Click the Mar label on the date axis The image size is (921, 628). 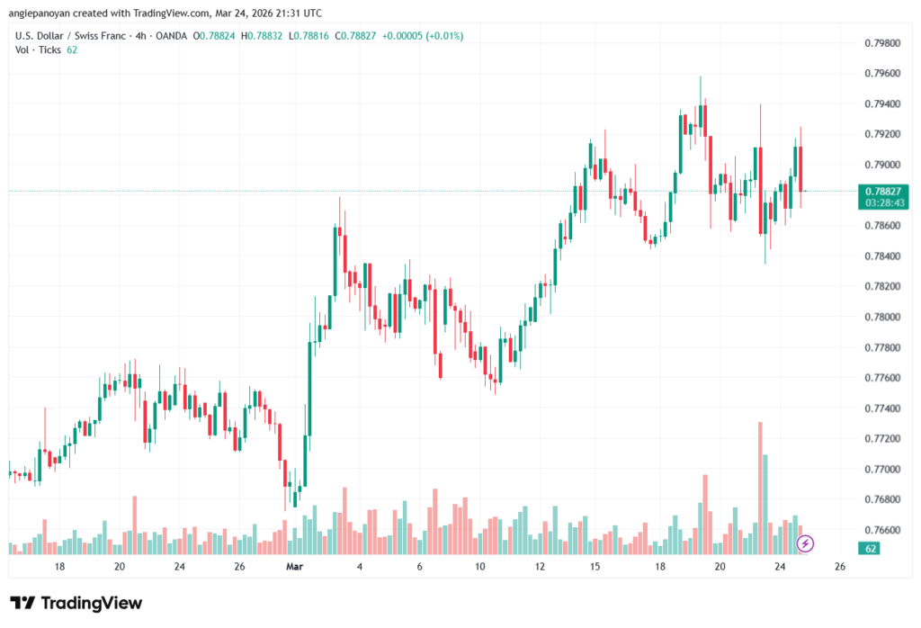click(x=296, y=568)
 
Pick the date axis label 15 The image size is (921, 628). click(x=595, y=568)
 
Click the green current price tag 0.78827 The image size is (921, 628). click(x=881, y=191)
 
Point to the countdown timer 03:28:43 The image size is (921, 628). click(x=881, y=203)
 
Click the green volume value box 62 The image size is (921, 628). click(x=870, y=548)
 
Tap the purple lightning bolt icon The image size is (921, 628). click(x=806, y=543)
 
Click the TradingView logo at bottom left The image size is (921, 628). click(x=76, y=604)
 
